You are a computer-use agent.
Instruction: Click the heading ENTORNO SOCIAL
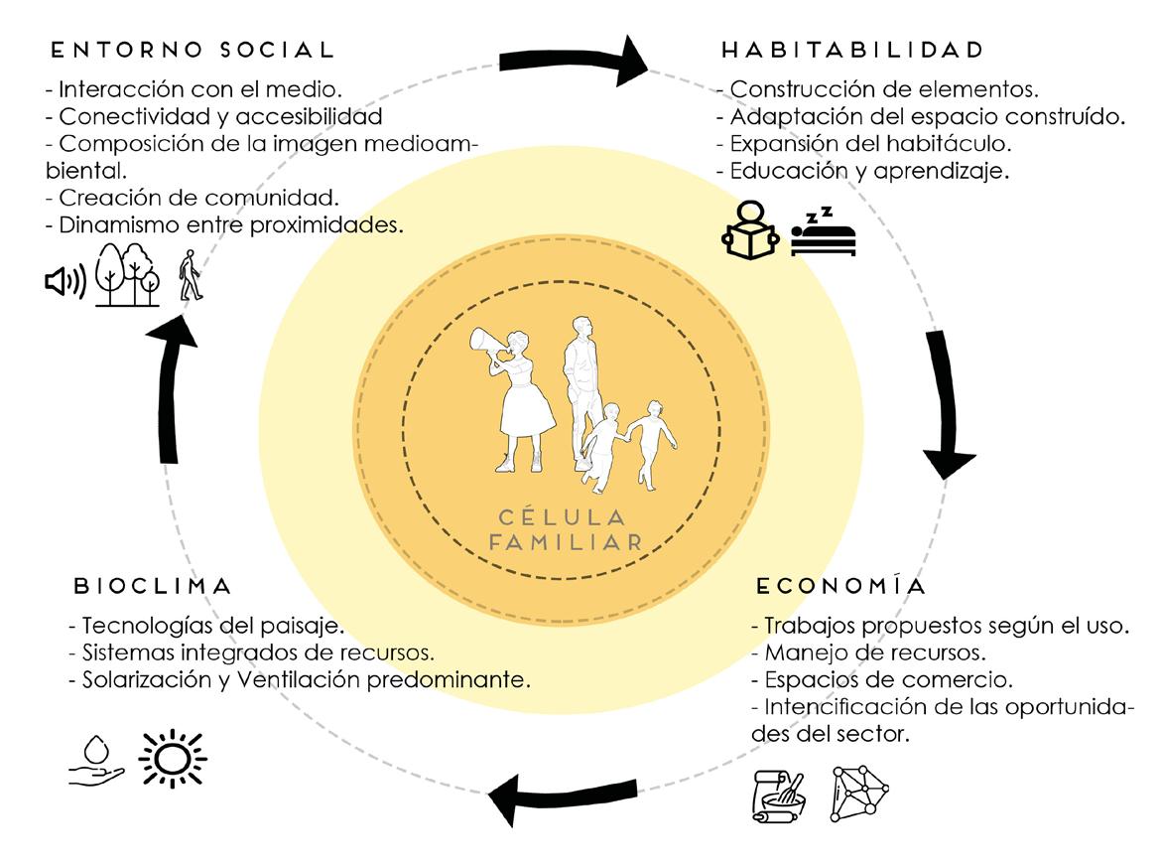[x=193, y=49]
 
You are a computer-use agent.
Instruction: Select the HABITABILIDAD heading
[x=852, y=49]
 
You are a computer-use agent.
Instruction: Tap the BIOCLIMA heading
[x=153, y=586]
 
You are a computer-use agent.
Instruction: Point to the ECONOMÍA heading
[x=841, y=586]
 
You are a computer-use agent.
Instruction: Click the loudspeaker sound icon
[x=65, y=282]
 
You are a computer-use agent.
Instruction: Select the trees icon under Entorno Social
[x=127, y=274]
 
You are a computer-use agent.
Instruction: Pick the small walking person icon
[x=190, y=276]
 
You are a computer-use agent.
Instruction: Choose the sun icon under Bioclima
[x=172, y=759]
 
